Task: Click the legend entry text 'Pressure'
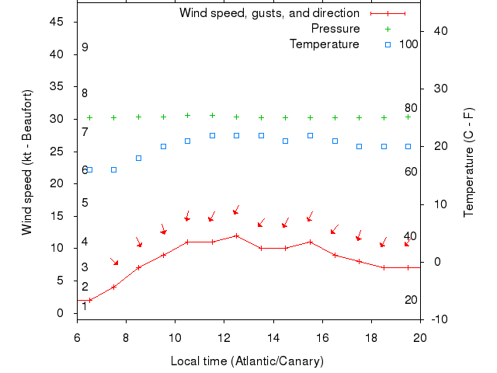(x=335, y=29)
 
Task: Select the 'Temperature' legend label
(x=325, y=44)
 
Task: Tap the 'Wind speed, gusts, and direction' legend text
(x=269, y=13)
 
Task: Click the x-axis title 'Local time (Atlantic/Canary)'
(x=247, y=361)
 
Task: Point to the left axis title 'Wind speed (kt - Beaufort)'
(x=26, y=162)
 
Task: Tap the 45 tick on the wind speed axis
(x=57, y=22)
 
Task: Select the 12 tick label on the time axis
(x=224, y=336)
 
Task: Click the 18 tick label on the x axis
(x=371, y=336)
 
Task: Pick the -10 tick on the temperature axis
(x=436, y=319)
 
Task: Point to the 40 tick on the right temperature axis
(x=436, y=30)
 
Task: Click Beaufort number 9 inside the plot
(x=85, y=47)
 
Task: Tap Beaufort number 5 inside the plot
(x=85, y=203)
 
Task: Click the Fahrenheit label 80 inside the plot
(x=411, y=108)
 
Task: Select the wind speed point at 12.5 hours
(x=236, y=235)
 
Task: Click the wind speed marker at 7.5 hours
(x=113, y=287)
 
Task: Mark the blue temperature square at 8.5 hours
(x=138, y=158)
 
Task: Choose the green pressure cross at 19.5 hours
(x=408, y=117)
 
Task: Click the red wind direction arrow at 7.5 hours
(x=114, y=262)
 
